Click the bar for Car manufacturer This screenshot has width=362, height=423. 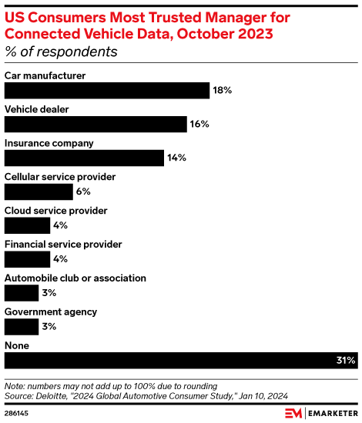pos(107,91)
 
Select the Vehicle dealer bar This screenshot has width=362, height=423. pos(96,125)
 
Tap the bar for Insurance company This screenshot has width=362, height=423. pos(84,158)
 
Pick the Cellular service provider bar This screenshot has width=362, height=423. pos(39,192)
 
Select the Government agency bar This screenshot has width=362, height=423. pos(22,327)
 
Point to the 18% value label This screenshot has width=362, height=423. pos(222,91)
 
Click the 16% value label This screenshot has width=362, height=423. pos(199,125)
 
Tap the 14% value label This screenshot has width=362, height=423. pos(176,158)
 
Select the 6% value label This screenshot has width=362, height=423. pos(83,192)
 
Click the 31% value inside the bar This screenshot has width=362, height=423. pos(346,361)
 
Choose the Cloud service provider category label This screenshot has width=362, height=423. pos(55,210)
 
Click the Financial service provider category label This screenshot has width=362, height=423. pos(63,244)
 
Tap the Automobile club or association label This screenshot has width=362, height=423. pos(75,278)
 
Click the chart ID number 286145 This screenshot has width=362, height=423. pos(18,414)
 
